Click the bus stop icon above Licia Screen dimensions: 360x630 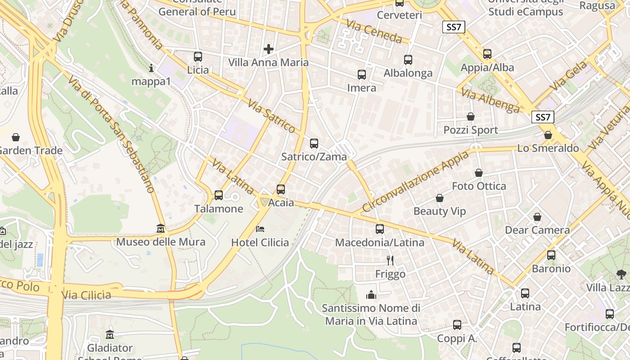point(198,57)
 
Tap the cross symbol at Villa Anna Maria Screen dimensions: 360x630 point(269,49)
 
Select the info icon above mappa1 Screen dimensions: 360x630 point(151,68)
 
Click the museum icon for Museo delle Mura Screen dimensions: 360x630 point(161,229)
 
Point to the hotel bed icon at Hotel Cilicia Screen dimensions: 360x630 point(260,229)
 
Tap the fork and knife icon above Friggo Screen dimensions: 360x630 point(390,260)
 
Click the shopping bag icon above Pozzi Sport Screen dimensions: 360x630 point(471,117)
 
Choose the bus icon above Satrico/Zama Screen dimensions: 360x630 point(314,144)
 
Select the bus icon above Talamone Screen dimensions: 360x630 point(219,195)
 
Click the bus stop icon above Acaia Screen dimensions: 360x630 point(281,189)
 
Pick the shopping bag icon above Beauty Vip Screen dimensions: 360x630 point(440,198)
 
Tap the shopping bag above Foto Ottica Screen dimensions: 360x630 point(479,173)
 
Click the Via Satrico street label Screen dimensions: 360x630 point(271,116)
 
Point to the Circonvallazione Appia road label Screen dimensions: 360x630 point(415,181)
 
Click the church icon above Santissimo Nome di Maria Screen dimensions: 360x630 point(371,295)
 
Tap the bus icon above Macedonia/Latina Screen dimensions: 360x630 point(380,229)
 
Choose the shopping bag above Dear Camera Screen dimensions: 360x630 point(537,217)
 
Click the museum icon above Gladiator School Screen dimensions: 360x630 point(110,335)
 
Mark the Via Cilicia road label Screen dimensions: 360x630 point(86,295)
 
